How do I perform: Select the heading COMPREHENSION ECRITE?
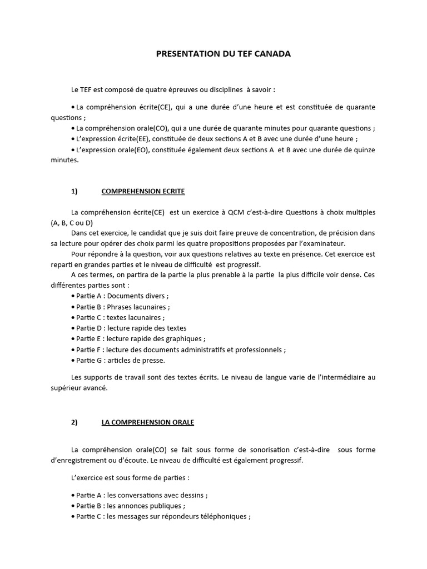pos(143,191)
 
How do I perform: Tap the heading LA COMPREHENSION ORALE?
pos(147,422)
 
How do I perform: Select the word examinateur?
pos(323,243)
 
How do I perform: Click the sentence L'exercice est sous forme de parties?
pos(130,477)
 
